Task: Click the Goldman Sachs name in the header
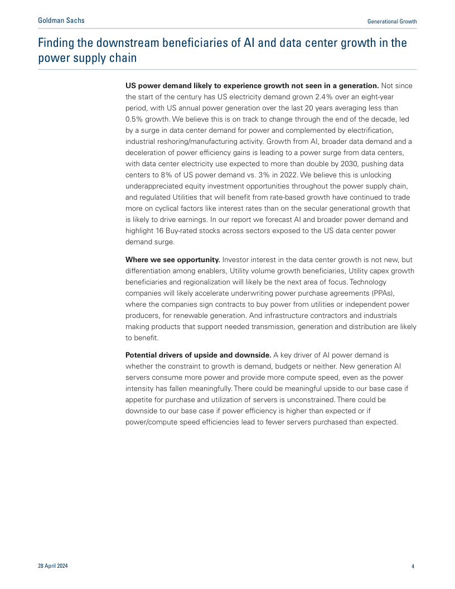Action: coord(61,21)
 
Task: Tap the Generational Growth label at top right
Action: coord(392,21)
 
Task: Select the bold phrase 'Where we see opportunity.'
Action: coord(172,260)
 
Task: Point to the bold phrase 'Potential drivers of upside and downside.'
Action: coord(198,355)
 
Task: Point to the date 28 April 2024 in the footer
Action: coord(53,566)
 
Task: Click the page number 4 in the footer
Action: coord(413,567)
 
